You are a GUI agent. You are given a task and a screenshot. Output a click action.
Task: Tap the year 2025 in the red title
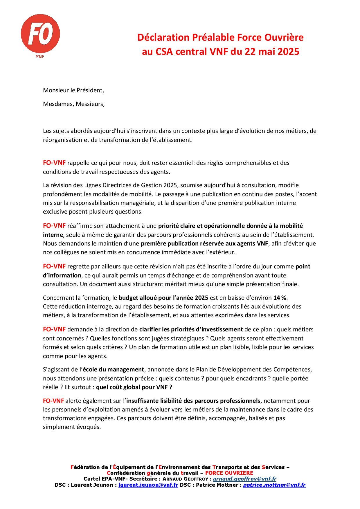[x=288, y=52]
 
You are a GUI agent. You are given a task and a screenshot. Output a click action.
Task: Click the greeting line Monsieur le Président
[x=73, y=90]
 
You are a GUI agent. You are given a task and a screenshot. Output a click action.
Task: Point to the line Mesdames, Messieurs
[x=74, y=104]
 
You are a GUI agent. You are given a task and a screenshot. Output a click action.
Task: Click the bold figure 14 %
[x=280, y=298]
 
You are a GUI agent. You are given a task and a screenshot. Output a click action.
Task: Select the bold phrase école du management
[x=113, y=370]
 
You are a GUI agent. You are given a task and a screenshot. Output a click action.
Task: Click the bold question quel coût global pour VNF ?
[x=134, y=387]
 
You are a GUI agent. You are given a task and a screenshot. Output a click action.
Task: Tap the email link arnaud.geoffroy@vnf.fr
[x=244, y=479]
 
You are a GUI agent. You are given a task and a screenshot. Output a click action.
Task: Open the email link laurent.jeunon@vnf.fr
[x=148, y=485]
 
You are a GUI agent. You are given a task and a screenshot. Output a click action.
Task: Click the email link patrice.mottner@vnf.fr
[x=274, y=485]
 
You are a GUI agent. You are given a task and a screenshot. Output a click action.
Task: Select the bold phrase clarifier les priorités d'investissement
[x=191, y=329]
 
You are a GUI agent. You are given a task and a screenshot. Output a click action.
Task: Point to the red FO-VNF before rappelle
[x=54, y=163]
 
